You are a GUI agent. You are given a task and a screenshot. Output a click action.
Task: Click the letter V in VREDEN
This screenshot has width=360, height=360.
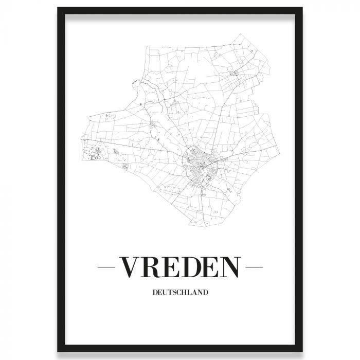click(x=130, y=267)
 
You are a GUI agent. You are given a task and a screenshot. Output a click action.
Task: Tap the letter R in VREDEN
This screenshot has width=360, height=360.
click(x=153, y=267)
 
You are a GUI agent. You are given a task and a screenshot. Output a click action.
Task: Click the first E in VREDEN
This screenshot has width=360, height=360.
click(x=173, y=267)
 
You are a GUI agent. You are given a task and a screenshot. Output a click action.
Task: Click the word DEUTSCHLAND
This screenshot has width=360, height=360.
click(x=180, y=293)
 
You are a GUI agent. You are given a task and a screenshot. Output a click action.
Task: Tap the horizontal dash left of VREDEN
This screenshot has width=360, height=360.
click(x=107, y=267)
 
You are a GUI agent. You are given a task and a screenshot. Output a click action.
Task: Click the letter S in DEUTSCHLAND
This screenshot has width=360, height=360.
click(x=174, y=293)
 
